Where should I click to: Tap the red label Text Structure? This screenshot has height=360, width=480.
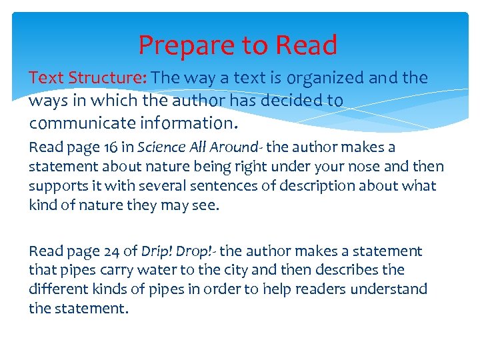click(x=88, y=78)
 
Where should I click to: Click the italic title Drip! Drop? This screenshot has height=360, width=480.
click(x=178, y=251)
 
